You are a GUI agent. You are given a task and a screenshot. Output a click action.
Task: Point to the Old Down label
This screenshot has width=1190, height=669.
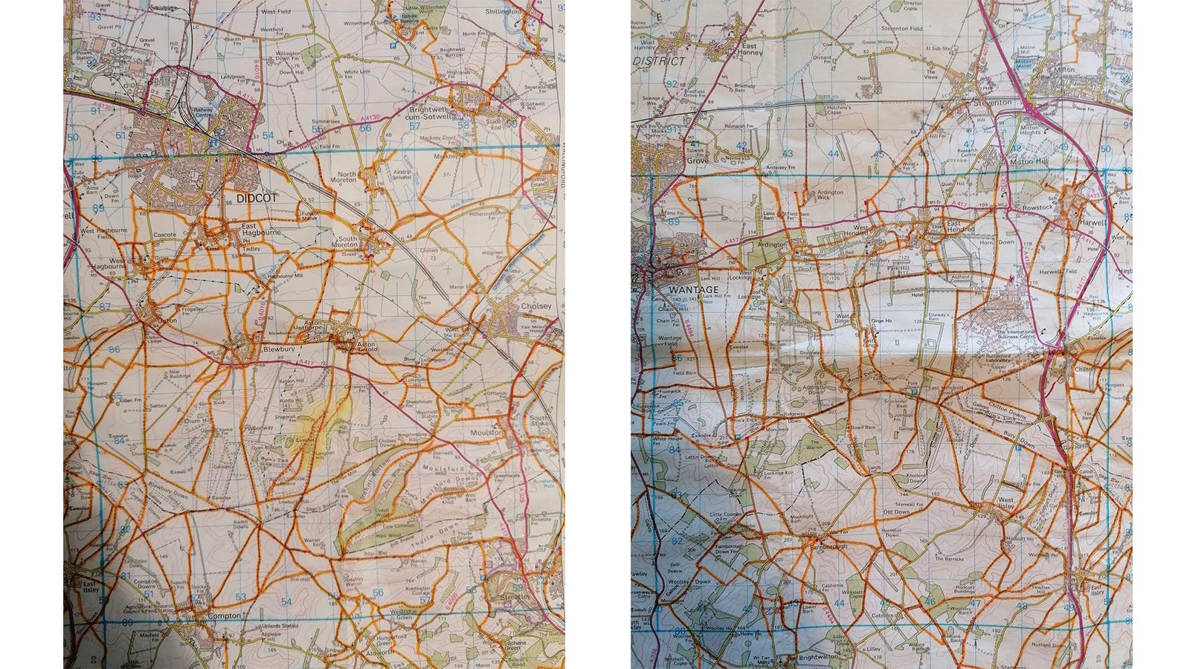pos(896,512)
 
